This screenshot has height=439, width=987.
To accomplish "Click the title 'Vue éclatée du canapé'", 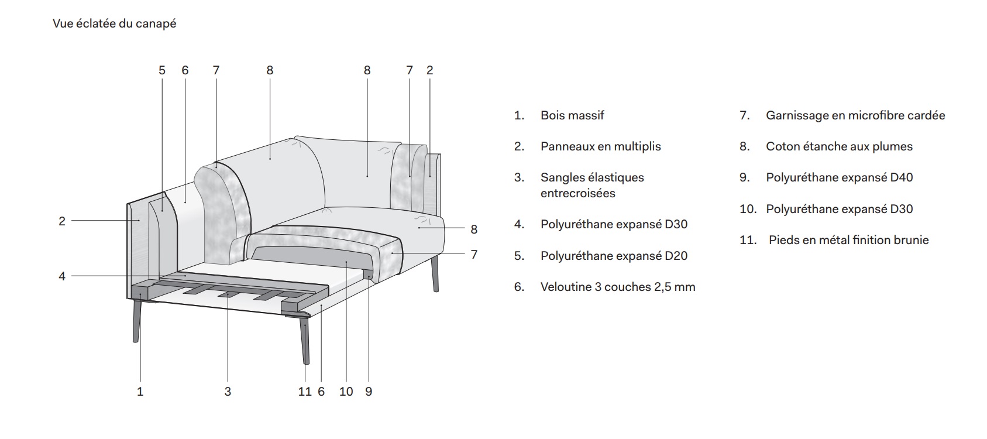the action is [115, 23].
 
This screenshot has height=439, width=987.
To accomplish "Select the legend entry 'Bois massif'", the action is [572, 115].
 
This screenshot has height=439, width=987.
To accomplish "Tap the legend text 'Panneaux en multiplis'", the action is [601, 146].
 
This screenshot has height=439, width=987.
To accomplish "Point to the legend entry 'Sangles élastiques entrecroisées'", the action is [592, 185].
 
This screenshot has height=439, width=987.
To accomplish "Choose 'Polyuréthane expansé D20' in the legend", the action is [614, 256].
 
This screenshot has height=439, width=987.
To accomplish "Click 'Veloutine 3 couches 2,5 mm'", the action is [618, 287].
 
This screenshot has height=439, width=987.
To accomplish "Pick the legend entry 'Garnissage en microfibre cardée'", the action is [855, 115].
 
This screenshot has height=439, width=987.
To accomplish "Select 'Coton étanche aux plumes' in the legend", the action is [839, 146].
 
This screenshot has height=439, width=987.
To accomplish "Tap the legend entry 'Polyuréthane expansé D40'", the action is [839, 177].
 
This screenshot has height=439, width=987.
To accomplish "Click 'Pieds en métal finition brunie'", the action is [849, 240].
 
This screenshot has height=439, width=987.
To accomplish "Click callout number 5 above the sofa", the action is [162, 70].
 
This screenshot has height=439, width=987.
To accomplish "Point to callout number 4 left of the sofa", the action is [62, 276].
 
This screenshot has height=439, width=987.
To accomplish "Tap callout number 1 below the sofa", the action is [140, 392].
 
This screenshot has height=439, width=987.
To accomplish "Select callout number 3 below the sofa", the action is [228, 392].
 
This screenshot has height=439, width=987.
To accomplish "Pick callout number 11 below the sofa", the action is [304, 392].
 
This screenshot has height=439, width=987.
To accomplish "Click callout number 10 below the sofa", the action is [346, 392].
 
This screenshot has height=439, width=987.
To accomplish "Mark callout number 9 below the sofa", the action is [369, 392].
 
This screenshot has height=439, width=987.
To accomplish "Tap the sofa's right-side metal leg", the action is [435, 273].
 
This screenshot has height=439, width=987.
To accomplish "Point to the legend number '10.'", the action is [748, 209].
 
